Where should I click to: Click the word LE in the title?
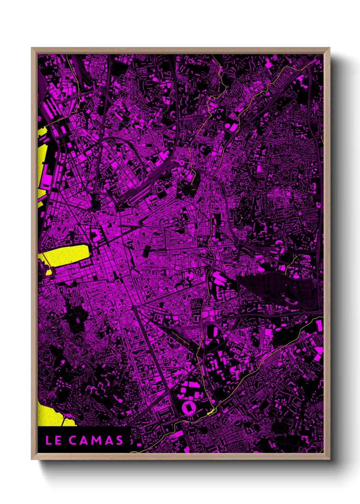click(x=53, y=440)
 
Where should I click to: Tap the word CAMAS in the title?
click(x=96, y=440)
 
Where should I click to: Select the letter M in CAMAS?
click(x=96, y=440)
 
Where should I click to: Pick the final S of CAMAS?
click(x=119, y=440)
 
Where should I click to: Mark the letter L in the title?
click(x=48, y=440)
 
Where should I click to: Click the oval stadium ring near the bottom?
click(x=187, y=407)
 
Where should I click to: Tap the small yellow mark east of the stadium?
click(x=211, y=412)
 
